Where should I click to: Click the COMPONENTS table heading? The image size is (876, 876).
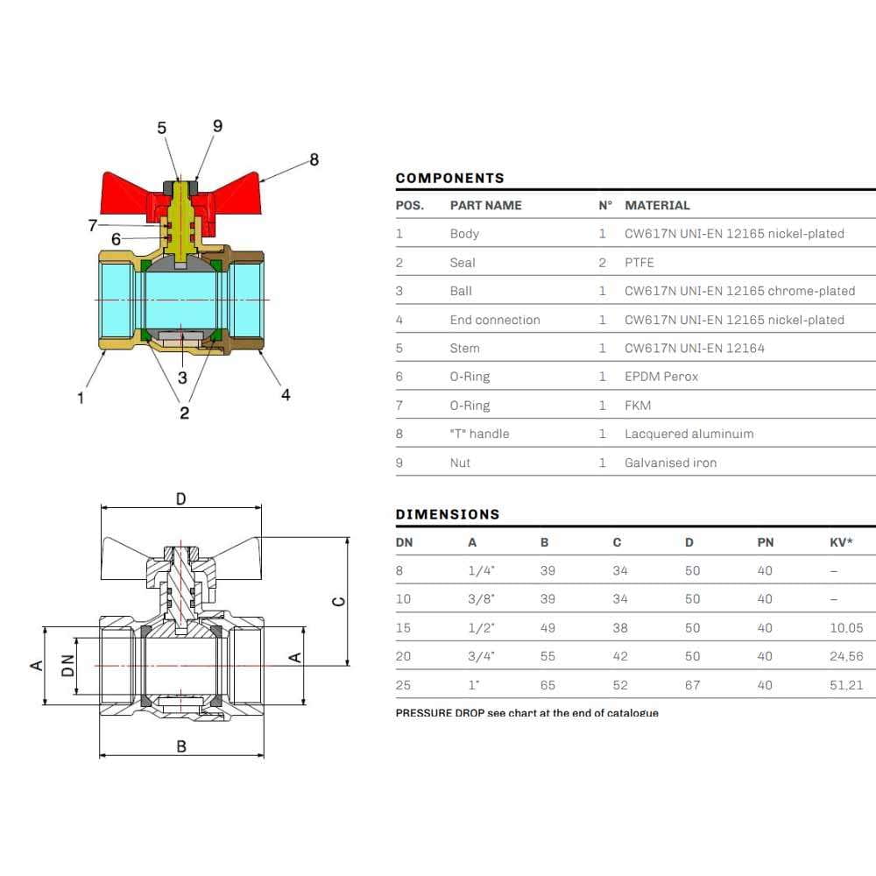coord(449,178)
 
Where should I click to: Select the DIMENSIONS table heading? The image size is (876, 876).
coord(447,514)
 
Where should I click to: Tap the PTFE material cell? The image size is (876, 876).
coord(639,262)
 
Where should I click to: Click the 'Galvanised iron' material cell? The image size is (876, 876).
coord(670,463)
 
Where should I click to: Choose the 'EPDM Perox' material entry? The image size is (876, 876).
coord(661,377)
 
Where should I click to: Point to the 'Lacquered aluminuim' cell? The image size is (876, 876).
coord(689,434)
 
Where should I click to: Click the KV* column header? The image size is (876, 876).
coord(840,542)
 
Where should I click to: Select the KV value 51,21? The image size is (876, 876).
coord(845,685)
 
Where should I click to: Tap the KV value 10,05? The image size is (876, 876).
coord(845,627)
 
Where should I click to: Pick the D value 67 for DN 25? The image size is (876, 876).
coord(692,685)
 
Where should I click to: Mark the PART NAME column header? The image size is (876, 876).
coord(485,205)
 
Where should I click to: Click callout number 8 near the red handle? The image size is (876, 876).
coord(314,159)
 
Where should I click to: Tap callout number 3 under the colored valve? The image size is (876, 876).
coord(182,378)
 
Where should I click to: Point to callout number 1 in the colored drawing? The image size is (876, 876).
coord(81,398)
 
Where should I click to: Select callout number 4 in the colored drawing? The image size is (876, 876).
coord(286,395)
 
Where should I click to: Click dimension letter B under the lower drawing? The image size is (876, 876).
coord(181,746)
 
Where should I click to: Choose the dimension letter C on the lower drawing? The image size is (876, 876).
coord(339,601)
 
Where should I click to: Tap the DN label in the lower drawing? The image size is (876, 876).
coord(67,666)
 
